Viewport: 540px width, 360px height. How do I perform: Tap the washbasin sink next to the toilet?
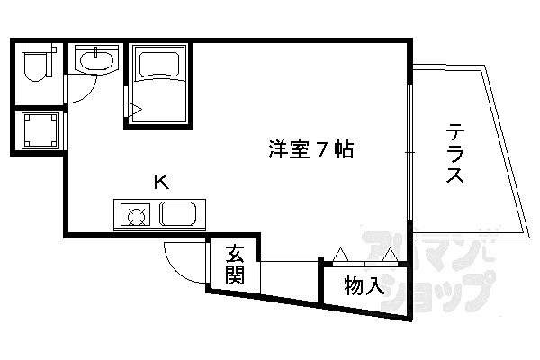(x=94, y=60)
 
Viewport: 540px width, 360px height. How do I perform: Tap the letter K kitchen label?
(x=161, y=183)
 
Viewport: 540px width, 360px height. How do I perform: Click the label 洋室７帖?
(x=310, y=148)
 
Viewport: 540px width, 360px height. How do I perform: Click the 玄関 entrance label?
(x=235, y=265)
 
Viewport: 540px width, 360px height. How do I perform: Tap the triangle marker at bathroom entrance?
(x=136, y=111)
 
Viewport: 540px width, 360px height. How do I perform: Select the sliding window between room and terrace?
(x=410, y=153)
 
